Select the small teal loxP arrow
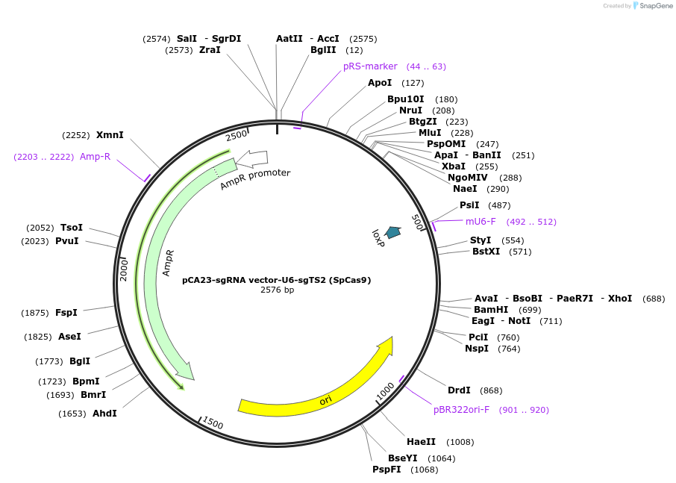click(392, 233)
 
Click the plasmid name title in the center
click(277, 280)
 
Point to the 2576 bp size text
click(277, 290)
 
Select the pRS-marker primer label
click(370, 66)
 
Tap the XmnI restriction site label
click(110, 135)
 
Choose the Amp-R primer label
click(95, 157)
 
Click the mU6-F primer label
click(481, 222)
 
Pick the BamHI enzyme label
click(491, 310)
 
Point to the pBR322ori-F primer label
click(461, 410)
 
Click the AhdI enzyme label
click(104, 413)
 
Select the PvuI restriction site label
click(66, 241)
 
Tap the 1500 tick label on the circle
click(212, 423)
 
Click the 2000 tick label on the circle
click(125, 269)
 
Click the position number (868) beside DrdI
click(491, 390)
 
